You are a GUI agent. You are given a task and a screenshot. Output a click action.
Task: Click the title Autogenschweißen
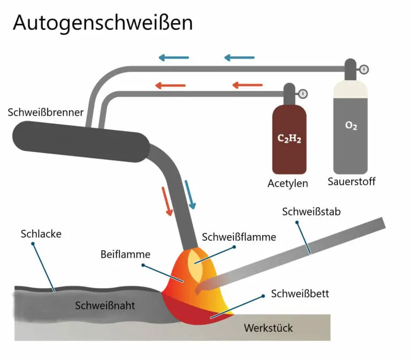(x=102, y=24)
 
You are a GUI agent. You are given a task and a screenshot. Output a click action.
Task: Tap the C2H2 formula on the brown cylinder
(x=289, y=139)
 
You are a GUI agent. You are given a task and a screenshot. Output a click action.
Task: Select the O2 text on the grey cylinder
(x=351, y=126)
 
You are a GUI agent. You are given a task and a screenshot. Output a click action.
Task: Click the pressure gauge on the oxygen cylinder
(x=364, y=69)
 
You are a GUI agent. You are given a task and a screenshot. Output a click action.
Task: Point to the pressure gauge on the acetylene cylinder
(x=303, y=94)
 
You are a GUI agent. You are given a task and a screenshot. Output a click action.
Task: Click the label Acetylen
(x=288, y=183)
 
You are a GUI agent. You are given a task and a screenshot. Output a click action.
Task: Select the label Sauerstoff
(x=351, y=181)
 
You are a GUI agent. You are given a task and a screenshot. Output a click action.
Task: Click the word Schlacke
(x=41, y=234)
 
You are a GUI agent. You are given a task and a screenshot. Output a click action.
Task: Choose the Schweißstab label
(x=311, y=212)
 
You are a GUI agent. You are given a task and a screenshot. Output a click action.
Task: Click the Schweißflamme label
(x=239, y=237)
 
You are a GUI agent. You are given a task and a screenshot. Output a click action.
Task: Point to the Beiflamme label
(x=125, y=254)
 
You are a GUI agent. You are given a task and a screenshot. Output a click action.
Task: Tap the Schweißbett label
(x=300, y=294)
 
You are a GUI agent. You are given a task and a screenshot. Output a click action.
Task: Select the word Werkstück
(x=269, y=327)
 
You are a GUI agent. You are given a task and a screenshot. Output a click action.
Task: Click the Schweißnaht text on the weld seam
(x=105, y=306)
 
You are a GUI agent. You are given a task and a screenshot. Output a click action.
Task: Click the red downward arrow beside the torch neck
(x=167, y=201)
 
